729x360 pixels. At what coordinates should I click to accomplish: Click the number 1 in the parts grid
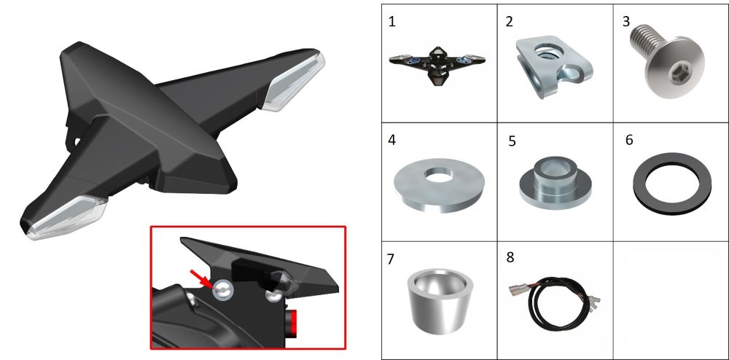[x=392, y=22]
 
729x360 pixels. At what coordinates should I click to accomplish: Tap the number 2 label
[x=509, y=22]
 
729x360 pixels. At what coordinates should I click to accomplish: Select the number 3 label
[x=625, y=22]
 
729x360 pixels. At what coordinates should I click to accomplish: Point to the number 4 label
[x=392, y=140]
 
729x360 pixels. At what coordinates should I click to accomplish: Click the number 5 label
[x=512, y=141]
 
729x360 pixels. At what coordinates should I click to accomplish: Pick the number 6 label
[x=630, y=140]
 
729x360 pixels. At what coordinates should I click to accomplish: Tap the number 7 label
[x=391, y=259]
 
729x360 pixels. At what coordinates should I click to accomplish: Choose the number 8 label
[x=510, y=257]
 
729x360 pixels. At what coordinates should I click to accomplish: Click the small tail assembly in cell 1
[x=437, y=66]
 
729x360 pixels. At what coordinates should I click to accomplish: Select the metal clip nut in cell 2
[x=553, y=66]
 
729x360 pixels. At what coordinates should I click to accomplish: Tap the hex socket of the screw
[x=676, y=73]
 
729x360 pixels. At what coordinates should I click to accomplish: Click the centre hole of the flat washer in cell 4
[x=438, y=175]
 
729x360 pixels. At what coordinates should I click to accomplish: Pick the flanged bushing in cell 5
[x=555, y=182]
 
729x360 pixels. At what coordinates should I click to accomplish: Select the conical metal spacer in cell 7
[x=440, y=300]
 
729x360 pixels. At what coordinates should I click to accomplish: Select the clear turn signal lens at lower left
[x=65, y=219]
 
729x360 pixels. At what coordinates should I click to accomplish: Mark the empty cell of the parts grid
[x=671, y=300]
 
